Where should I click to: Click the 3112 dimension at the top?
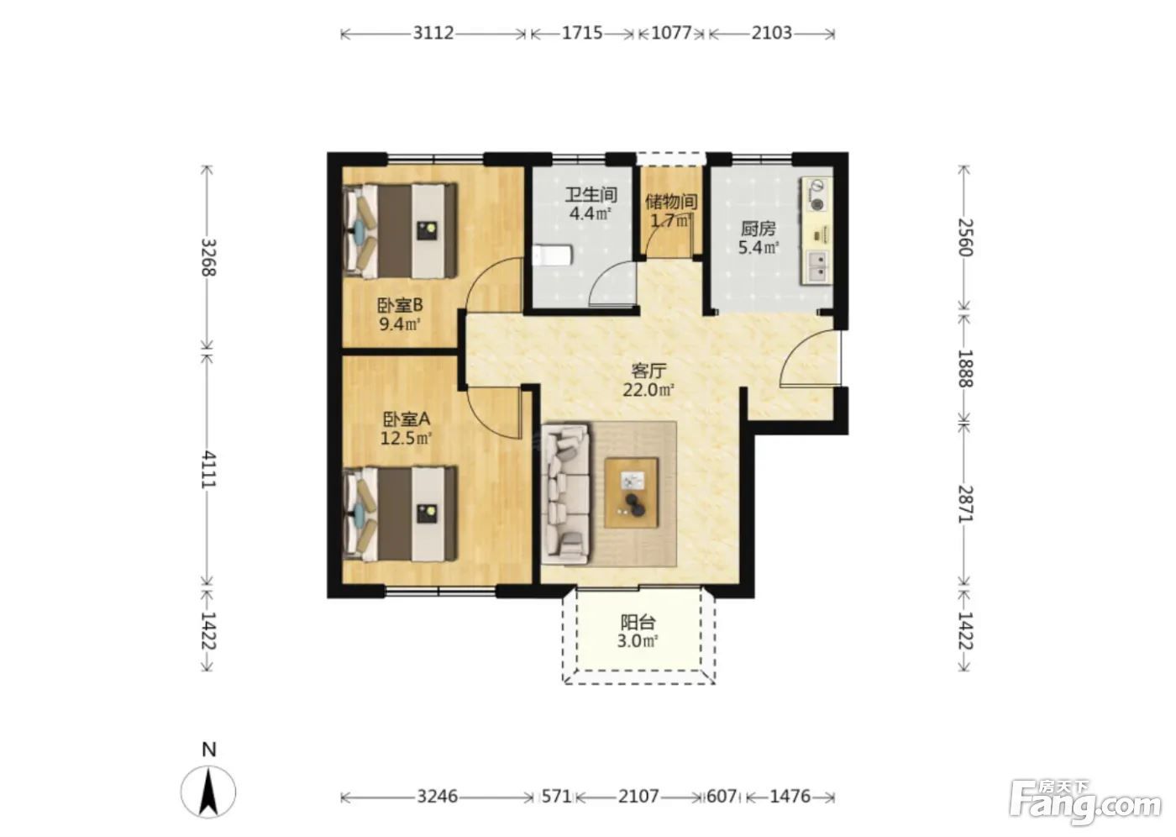coord(433,33)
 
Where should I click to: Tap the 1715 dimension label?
coord(582,33)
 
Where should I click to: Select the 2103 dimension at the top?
coord(771,33)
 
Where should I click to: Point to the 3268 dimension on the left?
coord(208,257)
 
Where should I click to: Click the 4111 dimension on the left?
coord(208,469)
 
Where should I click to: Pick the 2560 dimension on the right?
coord(965,237)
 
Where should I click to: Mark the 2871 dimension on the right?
coord(965,504)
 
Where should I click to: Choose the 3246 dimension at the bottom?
coord(438,797)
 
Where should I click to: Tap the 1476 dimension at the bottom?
coord(790,797)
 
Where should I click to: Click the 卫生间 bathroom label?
coord(591,195)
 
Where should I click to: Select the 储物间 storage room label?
coord(671,202)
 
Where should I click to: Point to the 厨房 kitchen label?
coord(758,229)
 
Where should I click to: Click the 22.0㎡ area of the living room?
coord(648,390)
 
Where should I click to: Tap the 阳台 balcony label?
coord(638,623)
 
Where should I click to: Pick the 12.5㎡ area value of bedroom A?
coord(406,438)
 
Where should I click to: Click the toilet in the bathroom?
coord(551,256)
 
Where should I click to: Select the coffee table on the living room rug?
coord(632,492)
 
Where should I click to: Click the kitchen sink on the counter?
coord(816,267)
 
